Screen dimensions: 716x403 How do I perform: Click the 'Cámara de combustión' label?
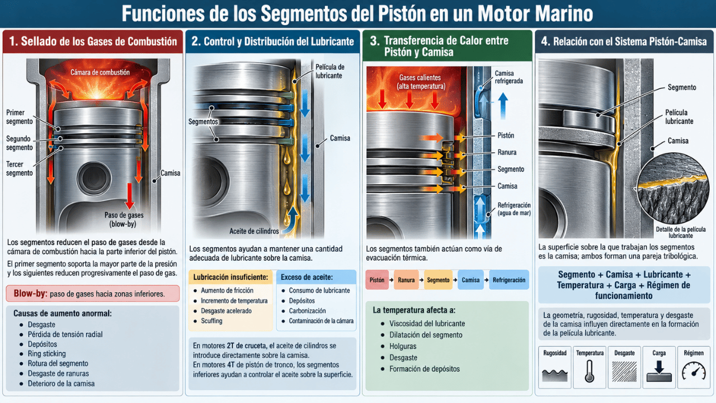[100, 73]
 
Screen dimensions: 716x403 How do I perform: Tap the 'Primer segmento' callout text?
[20, 117]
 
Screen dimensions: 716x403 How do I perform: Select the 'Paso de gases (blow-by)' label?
[124, 219]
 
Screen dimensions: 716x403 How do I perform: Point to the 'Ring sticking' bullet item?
[46, 353]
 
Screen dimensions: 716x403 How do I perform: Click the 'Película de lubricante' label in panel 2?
[330, 71]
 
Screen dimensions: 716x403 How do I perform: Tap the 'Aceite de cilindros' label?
[254, 231]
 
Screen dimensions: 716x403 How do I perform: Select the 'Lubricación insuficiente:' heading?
[230, 277]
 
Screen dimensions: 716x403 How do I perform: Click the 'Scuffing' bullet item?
[211, 321]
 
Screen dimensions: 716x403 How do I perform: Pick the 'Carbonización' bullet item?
[307, 311]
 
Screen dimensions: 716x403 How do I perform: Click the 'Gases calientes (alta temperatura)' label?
[421, 82]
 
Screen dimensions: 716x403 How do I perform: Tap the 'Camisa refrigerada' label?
[509, 77]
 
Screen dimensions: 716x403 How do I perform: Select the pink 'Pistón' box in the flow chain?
[377, 280]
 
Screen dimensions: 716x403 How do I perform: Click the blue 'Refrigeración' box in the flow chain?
[509, 280]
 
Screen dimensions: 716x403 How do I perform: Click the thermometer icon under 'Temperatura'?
[590, 371]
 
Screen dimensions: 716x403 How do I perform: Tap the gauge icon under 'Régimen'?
[694, 371]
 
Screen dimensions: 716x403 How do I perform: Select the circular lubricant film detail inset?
[672, 188]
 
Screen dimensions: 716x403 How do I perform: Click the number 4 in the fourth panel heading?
[545, 41]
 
